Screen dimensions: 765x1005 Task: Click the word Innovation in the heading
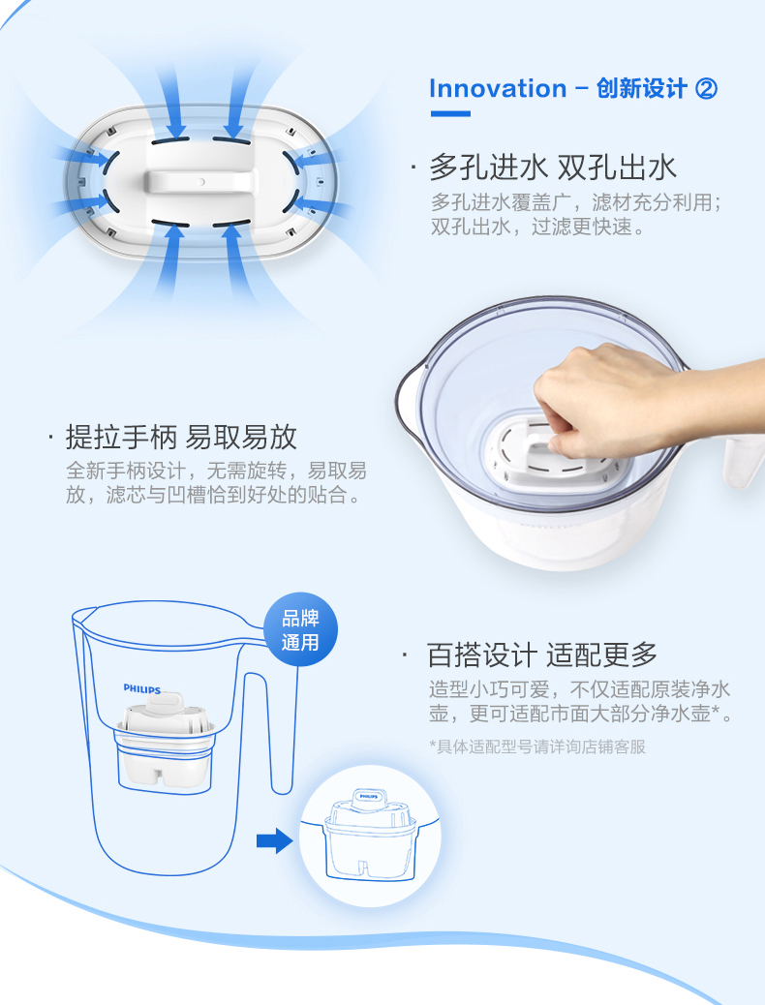tap(498, 88)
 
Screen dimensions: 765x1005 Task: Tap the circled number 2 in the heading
tap(706, 88)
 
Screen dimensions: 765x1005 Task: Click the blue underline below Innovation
tap(450, 114)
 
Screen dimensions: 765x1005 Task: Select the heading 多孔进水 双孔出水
tap(553, 167)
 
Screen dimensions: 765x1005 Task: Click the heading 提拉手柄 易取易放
tap(181, 437)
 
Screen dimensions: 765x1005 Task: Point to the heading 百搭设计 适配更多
tap(542, 655)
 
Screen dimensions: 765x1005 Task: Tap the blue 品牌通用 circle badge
tap(300, 629)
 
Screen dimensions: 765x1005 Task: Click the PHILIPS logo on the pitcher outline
tap(141, 689)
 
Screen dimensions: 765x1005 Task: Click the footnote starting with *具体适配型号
tap(537, 746)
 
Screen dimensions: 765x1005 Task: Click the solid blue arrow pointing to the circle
tap(274, 840)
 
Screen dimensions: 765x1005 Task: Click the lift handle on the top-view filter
tap(199, 181)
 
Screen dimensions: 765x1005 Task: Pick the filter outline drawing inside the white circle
tap(370, 836)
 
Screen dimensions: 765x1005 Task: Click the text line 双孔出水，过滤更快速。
tap(538, 227)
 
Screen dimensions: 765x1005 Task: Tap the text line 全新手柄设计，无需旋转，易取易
tap(216, 471)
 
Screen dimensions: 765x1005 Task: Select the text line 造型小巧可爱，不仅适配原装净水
tap(580, 689)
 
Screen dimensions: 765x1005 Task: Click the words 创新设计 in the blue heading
tap(641, 88)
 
